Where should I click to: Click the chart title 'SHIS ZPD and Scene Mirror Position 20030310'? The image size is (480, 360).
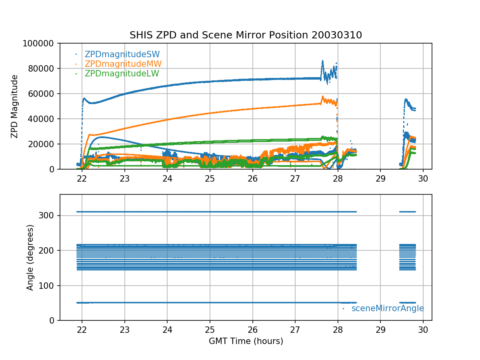click(x=246, y=35)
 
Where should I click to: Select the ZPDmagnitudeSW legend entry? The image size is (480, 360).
click(x=122, y=54)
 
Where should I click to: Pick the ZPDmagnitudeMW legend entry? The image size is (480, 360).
click(x=123, y=64)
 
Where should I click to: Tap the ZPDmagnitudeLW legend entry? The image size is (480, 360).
click(x=122, y=74)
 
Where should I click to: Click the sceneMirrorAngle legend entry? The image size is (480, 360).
click(x=387, y=308)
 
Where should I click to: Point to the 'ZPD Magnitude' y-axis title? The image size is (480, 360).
click(x=14, y=106)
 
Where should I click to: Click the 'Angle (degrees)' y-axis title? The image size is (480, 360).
click(x=30, y=257)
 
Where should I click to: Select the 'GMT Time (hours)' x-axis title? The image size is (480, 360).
click(x=246, y=341)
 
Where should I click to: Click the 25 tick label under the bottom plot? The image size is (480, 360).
click(x=210, y=330)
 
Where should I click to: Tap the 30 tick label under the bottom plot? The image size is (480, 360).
click(x=423, y=330)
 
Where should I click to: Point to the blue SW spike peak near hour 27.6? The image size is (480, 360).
click(x=322, y=61)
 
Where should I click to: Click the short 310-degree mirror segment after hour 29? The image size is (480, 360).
click(x=408, y=212)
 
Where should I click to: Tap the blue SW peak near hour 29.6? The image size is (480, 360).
click(x=406, y=99)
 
